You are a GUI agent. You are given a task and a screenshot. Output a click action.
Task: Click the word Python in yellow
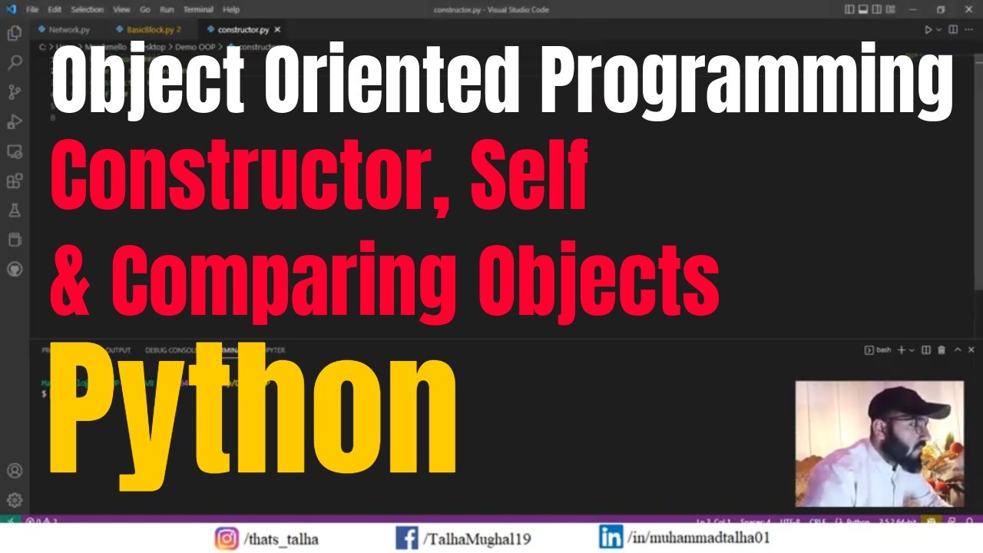tap(253, 409)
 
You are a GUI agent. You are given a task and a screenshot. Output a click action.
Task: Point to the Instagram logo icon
tap(226, 538)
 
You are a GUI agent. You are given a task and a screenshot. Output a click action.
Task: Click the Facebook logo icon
tap(406, 538)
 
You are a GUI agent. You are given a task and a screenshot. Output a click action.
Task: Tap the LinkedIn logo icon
tap(611, 537)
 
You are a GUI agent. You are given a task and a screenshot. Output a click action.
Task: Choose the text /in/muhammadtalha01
tap(698, 538)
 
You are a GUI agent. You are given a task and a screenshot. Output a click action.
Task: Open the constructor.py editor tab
tap(243, 30)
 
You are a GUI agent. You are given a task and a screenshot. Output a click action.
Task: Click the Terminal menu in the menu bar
tap(198, 10)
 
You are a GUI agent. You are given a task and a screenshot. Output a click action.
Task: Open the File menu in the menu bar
tap(32, 10)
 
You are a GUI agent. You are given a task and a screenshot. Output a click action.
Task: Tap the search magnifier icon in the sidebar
tap(15, 63)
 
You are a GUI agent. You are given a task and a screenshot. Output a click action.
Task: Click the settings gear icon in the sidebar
tap(15, 499)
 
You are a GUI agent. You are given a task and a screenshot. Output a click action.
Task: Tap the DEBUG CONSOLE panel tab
tap(171, 350)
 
